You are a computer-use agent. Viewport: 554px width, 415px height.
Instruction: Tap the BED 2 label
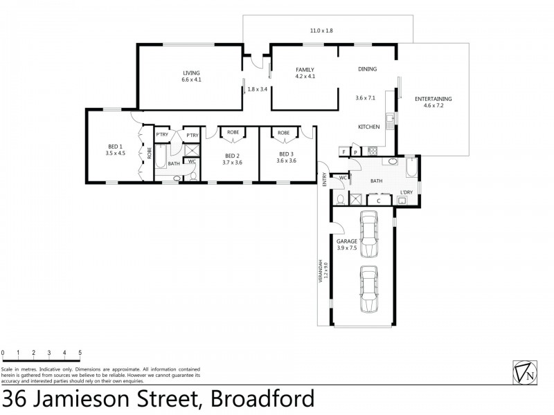[232, 154]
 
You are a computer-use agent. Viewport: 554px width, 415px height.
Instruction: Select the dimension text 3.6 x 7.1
[365, 98]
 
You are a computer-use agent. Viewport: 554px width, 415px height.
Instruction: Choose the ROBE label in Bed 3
[283, 132]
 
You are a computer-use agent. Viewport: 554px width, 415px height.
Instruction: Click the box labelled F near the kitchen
[343, 151]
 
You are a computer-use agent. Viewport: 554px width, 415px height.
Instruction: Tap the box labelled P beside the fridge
[356, 151]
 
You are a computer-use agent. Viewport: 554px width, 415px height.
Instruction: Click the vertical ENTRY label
[323, 179]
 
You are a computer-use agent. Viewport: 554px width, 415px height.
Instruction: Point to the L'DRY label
[407, 193]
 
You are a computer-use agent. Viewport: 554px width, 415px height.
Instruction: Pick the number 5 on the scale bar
[80, 352]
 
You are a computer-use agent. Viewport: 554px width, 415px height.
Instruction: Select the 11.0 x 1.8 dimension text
[321, 30]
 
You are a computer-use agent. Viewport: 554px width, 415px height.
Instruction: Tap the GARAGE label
[347, 241]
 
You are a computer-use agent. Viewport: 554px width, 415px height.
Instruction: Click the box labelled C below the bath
[378, 201]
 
